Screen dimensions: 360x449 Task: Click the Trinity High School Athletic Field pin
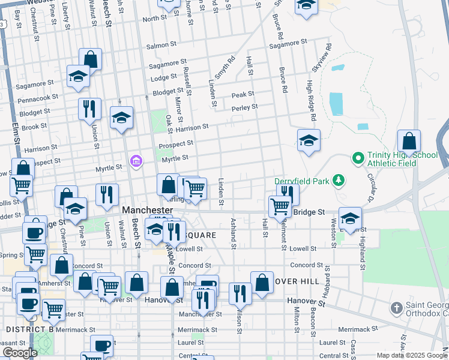tap(358, 158)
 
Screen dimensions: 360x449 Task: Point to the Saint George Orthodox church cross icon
tap(396, 308)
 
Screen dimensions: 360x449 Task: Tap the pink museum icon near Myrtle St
tap(136, 160)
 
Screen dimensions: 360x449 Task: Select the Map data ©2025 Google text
tap(411, 355)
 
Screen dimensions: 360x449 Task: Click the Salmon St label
tap(158, 46)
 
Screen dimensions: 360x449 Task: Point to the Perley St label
tap(245, 107)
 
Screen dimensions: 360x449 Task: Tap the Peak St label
tap(243, 94)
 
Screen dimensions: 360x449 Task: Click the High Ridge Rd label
tap(310, 97)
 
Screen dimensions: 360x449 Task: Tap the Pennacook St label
tap(38, 97)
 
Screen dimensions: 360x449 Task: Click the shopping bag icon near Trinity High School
tap(409, 142)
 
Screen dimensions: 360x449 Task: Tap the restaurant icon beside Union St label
tap(89, 109)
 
